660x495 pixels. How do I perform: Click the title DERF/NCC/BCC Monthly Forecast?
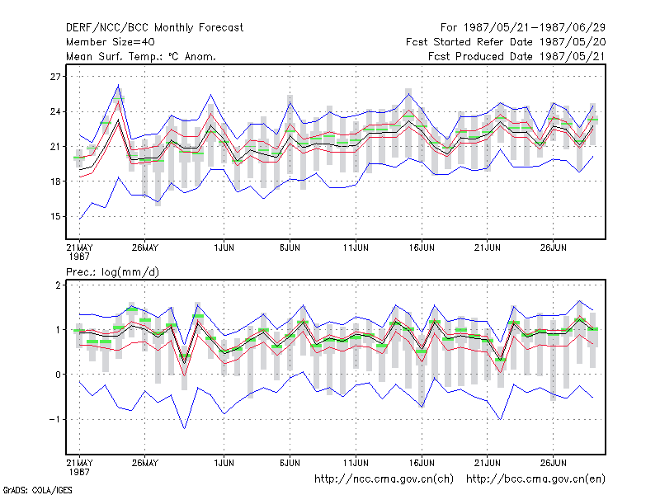pyautogui.click(x=154, y=28)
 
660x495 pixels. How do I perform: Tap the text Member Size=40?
pyautogui.click(x=111, y=42)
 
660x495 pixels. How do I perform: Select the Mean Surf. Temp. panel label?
pyautogui.click(x=141, y=56)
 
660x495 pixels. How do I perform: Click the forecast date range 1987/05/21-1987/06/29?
pyautogui.click(x=523, y=28)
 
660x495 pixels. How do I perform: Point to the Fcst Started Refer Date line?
pyautogui.click(x=506, y=42)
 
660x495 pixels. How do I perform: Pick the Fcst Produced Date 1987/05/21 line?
pyautogui.click(x=517, y=56)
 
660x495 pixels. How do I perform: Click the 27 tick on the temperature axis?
pyautogui.click(x=55, y=77)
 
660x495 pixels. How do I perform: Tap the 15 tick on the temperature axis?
pyautogui.click(x=55, y=217)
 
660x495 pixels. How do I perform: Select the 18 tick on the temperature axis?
pyautogui.click(x=55, y=181)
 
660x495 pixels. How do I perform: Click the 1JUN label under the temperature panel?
pyautogui.click(x=224, y=247)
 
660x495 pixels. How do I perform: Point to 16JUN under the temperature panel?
pyautogui.click(x=422, y=247)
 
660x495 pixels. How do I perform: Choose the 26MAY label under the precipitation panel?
pyautogui.click(x=145, y=463)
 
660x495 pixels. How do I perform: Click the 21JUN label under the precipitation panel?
pyautogui.click(x=488, y=463)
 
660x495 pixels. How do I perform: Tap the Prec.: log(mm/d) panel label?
pyautogui.click(x=112, y=272)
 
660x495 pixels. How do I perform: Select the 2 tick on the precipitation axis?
pyautogui.click(x=58, y=285)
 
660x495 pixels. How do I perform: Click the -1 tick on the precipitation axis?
pyautogui.click(x=54, y=420)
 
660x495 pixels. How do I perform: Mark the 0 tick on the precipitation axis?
pyautogui.click(x=58, y=375)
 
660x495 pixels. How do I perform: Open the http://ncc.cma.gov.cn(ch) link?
pyautogui.click(x=384, y=479)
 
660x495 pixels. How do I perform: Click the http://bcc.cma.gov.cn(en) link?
pyautogui.click(x=535, y=479)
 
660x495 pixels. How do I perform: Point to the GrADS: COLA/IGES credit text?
pyautogui.click(x=38, y=490)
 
